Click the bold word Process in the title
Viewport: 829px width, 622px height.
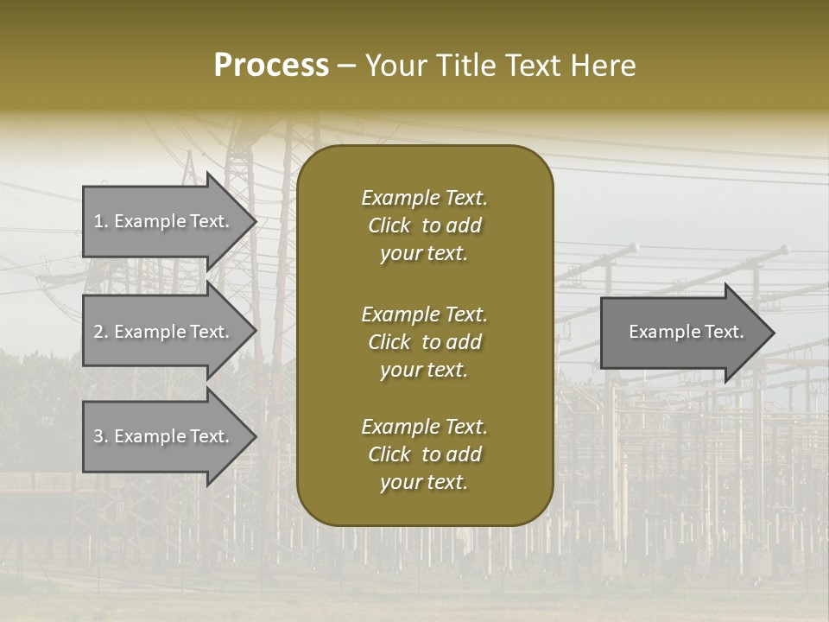click(271, 66)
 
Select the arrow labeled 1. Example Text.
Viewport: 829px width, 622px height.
click(164, 221)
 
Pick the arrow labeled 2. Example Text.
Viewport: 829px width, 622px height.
click(164, 332)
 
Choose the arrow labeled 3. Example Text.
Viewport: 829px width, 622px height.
click(164, 436)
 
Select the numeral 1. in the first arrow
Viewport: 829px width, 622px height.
click(101, 221)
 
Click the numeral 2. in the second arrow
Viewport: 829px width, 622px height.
click(101, 332)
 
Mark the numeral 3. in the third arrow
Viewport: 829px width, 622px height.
click(101, 436)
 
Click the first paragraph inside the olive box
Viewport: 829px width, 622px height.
click(424, 225)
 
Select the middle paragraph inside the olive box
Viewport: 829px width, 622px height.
click(424, 341)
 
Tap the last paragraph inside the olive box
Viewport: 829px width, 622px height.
click(424, 454)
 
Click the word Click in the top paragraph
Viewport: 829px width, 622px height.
click(389, 225)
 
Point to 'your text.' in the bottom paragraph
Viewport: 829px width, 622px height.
click(424, 482)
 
